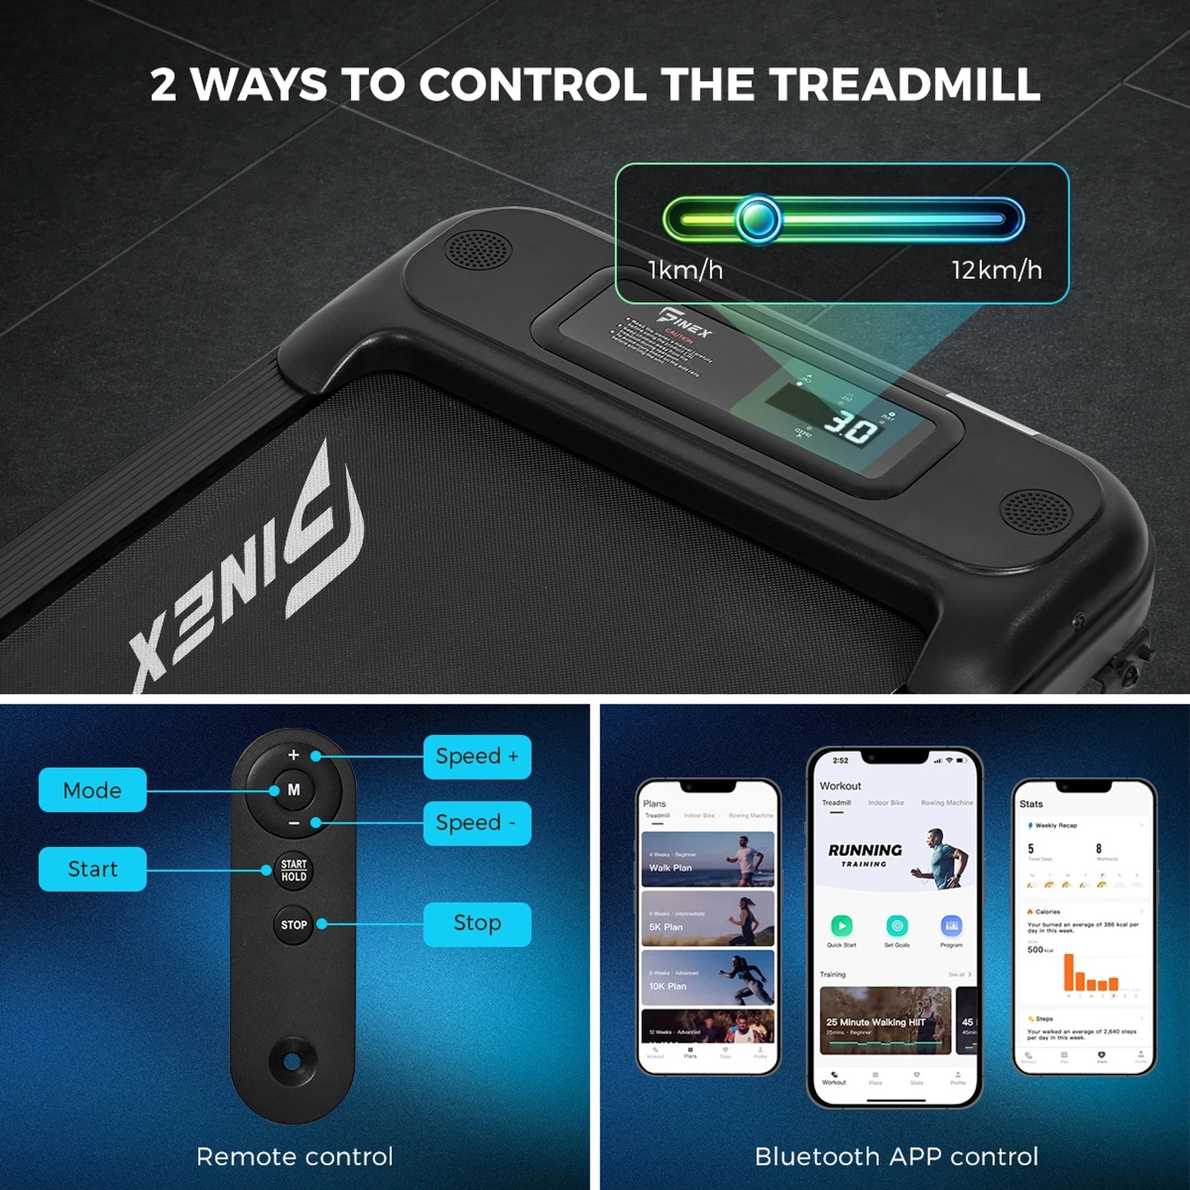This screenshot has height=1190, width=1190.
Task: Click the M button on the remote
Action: [x=294, y=790]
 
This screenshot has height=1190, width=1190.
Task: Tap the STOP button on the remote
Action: [x=294, y=925]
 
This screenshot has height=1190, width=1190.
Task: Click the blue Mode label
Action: [x=92, y=790]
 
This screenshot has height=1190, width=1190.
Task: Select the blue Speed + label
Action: [x=477, y=757]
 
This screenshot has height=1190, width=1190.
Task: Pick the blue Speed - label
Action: [x=477, y=823]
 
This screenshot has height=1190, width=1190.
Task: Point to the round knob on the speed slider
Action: [x=759, y=219]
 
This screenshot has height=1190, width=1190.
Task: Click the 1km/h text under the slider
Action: [x=685, y=270]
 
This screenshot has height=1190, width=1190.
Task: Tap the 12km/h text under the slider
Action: [x=997, y=270]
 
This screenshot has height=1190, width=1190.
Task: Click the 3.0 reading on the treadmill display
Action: [x=851, y=429]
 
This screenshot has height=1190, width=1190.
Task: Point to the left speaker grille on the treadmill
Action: [x=477, y=249]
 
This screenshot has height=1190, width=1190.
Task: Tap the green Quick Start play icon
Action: [x=841, y=926]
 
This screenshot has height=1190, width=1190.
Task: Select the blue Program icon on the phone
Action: [x=951, y=926]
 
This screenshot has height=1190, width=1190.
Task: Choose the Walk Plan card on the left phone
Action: [x=707, y=859]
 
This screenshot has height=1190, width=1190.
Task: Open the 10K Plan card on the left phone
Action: [x=707, y=977]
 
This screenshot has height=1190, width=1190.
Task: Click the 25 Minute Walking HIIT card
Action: [x=885, y=1020]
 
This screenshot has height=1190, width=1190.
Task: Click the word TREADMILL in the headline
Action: [x=904, y=84]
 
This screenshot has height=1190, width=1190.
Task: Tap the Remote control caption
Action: [x=295, y=1157]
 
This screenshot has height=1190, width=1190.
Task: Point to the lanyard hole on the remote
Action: [x=292, y=1061]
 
